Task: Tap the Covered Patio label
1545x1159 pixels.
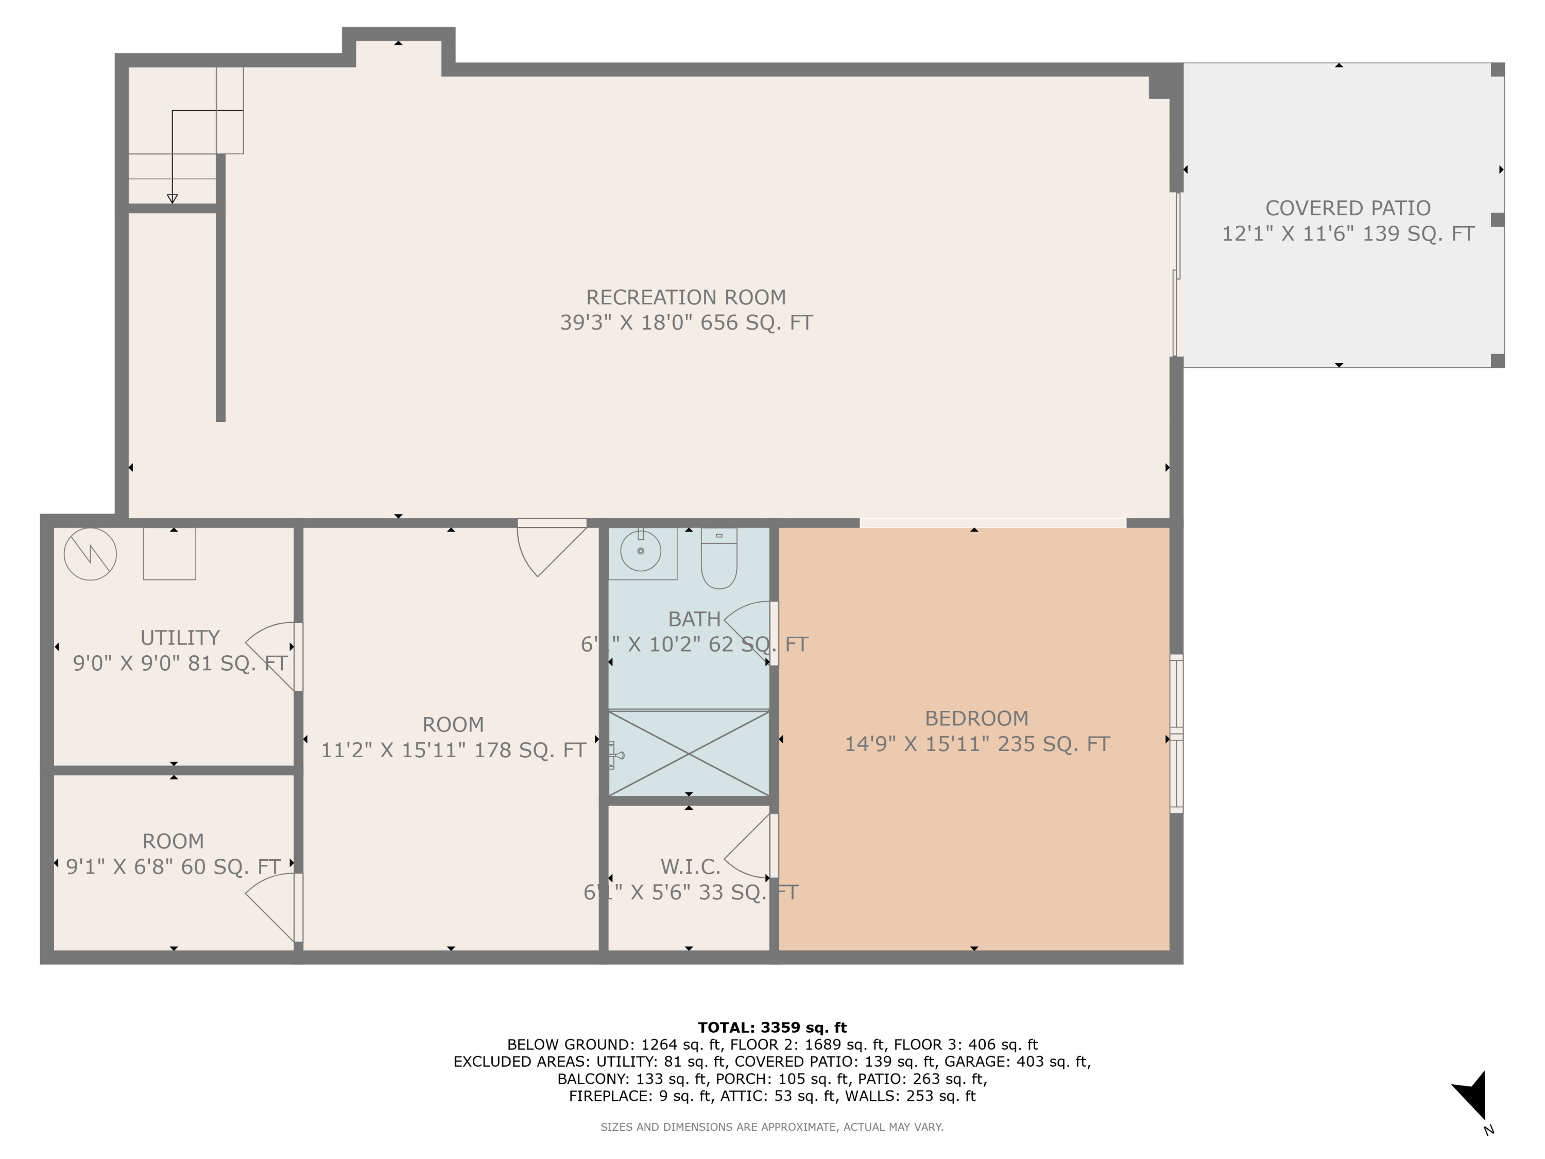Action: coord(1347,208)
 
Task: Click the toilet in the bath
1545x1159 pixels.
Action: coord(719,559)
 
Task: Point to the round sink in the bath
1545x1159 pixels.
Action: coord(641,551)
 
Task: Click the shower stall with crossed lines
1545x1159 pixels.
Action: coord(689,753)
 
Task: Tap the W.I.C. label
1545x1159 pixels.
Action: coord(690,867)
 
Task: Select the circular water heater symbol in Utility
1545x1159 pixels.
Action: coord(90,554)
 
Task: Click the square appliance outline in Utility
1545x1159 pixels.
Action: coord(169,554)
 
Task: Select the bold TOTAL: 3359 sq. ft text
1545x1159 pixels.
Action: coord(772,1028)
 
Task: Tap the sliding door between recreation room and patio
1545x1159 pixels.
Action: coord(1177,275)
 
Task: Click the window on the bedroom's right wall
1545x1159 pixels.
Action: coord(1176,734)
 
